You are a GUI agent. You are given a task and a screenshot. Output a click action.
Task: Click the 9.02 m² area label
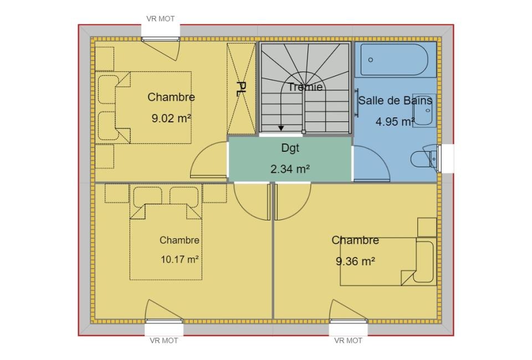[x=171, y=119]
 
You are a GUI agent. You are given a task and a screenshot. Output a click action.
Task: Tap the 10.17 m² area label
[x=180, y=259]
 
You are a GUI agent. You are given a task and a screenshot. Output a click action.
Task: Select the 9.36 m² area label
[x=355, y=261]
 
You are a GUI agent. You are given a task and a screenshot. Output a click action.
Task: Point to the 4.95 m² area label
[x=395, y=121]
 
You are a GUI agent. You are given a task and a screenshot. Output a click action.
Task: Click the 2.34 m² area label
[x=290, y=168]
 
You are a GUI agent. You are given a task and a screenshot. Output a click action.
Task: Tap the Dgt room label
[x=290, y=148]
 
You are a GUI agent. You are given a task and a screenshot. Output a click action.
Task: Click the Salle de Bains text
[x=395, y=100]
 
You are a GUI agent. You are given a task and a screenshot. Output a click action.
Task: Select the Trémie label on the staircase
[x=305, y=87]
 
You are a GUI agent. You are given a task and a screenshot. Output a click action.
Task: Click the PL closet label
[x=241, y=89]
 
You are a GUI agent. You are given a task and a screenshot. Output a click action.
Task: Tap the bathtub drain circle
[x=371, y=60]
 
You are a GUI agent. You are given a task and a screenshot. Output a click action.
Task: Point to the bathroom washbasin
[x=424, y=111]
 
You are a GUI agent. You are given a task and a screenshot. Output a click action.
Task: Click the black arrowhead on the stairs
[x=281, y=128]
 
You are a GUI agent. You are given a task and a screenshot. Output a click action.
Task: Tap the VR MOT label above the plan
[x=161, y=19]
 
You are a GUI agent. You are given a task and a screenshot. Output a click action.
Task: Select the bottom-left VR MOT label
[x=164, y=341]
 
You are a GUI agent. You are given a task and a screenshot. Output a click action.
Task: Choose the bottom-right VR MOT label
[x=348, y=341]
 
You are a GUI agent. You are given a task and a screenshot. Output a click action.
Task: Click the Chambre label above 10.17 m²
[x=180, y=240]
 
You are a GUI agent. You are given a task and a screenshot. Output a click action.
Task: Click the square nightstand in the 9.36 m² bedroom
[x=427, y=227]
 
